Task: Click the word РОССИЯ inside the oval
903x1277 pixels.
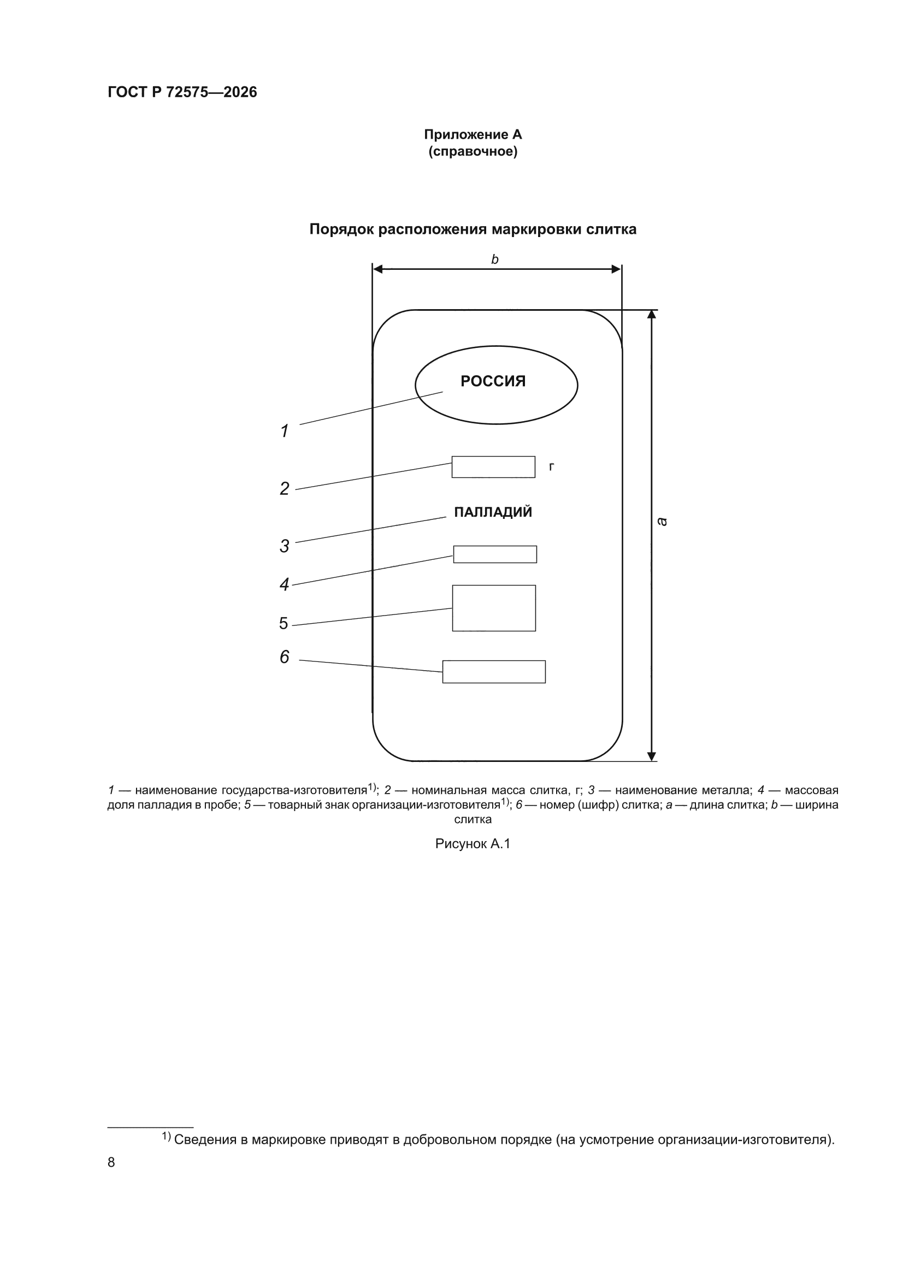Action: tap(493, 381)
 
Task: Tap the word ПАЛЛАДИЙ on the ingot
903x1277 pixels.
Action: tap(493, 512)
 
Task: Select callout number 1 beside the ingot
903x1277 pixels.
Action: tap(284, 430)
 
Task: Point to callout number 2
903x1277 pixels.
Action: tap(284, 488)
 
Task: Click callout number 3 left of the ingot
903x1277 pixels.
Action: tap(284, 546)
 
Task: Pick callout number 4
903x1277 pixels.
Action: tap(284, 584)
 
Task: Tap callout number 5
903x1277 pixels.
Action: tap(284, 624)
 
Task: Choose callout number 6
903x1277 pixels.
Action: tap(284, 657)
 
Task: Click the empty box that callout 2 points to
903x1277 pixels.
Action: tap(493, 466)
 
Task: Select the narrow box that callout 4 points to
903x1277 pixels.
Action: tap(495, 554)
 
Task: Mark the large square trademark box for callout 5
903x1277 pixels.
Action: tap(494, 608)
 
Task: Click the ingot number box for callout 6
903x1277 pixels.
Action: tap(494, 671)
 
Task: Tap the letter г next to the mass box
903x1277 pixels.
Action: tap(551, 467)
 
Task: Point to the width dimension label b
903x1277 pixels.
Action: tap(494, 259)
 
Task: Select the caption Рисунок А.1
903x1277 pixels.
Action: tap(473, 844)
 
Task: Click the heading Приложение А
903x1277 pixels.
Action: tap(473, 134)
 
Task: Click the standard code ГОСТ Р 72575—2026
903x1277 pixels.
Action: tap(182, 92)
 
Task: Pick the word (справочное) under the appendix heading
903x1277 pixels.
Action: tap(473, 152)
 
